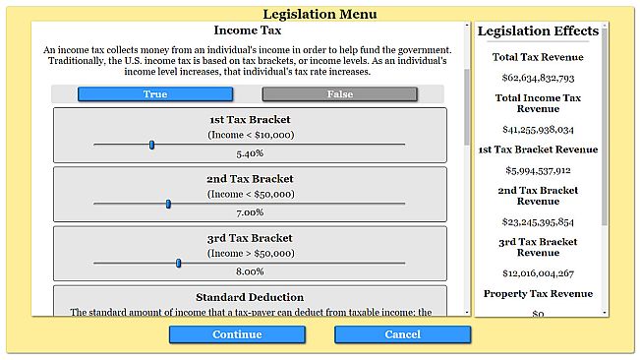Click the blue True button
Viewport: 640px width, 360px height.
tap(155, 94)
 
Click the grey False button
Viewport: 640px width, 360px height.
tap(339, 94)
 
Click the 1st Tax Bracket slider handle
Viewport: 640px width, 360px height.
tap(151, 145)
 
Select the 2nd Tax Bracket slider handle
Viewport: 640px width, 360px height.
tap(168, 204)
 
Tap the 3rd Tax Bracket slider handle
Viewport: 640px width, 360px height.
tap(178, 263)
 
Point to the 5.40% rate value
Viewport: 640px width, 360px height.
tap(250, 153)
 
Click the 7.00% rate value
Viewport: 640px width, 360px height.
tap(250, 212)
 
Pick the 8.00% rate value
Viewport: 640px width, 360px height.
tap(250, 271)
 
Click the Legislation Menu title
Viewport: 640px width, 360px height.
tap(320, 14)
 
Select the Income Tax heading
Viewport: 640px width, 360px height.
tap(249, 30)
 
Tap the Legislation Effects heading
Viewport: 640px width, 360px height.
tap(538, 31)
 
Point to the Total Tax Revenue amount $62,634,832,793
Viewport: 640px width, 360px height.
tap(538, 78)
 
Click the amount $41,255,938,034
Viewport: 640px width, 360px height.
tap(538, 129)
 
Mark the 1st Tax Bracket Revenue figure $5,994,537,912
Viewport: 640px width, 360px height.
tap(538, 170)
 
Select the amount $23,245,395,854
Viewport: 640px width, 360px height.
tap(538, 221)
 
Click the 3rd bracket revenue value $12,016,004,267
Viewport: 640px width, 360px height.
tap(538, 273)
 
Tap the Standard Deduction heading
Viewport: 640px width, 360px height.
tap(250, 297)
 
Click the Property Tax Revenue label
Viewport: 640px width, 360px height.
tap(538, 294)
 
